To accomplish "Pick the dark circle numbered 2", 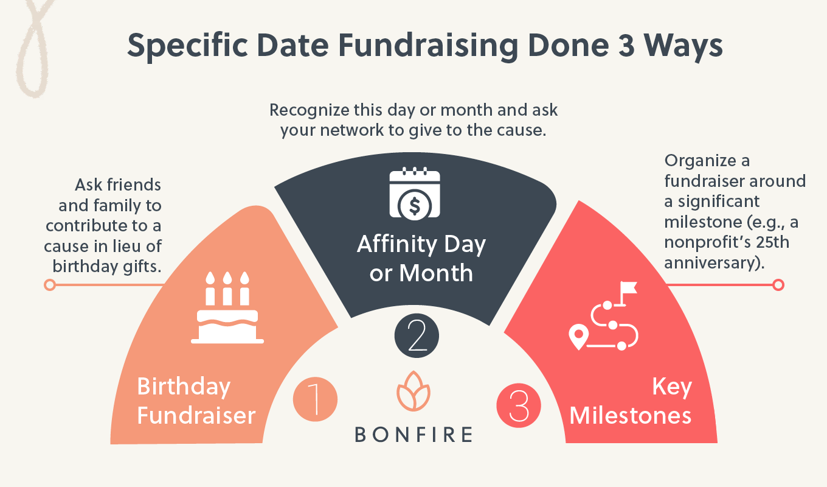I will pos(417,335).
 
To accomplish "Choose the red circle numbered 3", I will pos(519,405).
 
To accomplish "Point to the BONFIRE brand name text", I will pos(413,435).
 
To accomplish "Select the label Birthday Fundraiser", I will pos(196,401).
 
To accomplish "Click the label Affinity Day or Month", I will pos(421,259).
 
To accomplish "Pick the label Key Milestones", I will pos(631,401).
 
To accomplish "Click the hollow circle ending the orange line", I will pos(50,284).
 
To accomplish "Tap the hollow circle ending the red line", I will pos(778,284).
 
